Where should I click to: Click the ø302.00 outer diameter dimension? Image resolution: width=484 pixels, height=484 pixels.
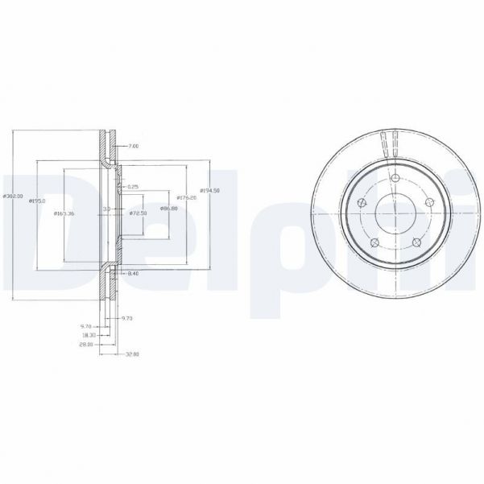[x=11, y=196]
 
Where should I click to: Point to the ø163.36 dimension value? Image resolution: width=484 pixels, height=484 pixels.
[x=64, y=213]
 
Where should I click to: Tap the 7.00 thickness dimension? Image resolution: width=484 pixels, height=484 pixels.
[x=134, y=147]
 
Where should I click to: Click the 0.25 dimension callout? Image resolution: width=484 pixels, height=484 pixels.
[x=133, y=186]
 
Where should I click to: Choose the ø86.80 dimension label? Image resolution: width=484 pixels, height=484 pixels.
[x=168, y=209]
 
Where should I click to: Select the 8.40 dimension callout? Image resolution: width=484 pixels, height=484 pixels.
[x=134, y=275]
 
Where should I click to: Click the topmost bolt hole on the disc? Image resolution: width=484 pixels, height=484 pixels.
[x=394, y=178]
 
